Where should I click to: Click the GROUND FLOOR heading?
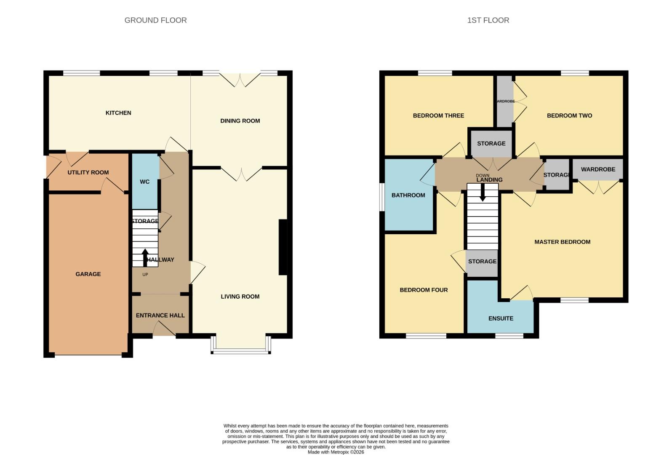155,20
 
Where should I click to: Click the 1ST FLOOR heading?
488,20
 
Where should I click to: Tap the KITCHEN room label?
118,113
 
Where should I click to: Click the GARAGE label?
88,274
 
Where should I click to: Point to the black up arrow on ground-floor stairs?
145,257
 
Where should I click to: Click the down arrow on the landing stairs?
483,193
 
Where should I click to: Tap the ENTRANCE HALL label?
160,315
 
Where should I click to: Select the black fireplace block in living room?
283,247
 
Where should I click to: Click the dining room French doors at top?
240,79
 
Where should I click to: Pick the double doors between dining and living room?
241,173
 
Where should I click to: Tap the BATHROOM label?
408,195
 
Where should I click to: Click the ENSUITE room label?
501,318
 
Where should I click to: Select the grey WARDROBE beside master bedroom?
598,169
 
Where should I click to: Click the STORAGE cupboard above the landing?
491,143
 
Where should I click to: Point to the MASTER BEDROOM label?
562,242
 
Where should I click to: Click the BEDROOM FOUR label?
424,290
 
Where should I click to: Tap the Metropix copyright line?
336,452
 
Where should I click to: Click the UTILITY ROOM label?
88,172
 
